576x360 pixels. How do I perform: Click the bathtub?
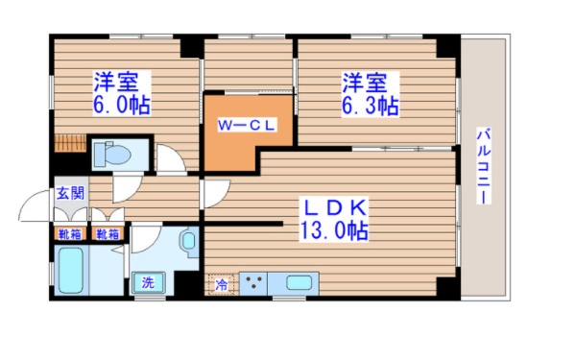tap(73, 271)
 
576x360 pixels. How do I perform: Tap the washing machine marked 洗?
tap(150, 282)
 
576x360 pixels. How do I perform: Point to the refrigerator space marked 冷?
tap(222, 284)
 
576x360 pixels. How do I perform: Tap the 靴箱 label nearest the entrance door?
tap(69, 233)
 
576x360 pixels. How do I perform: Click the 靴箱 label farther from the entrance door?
tap(107, 233)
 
